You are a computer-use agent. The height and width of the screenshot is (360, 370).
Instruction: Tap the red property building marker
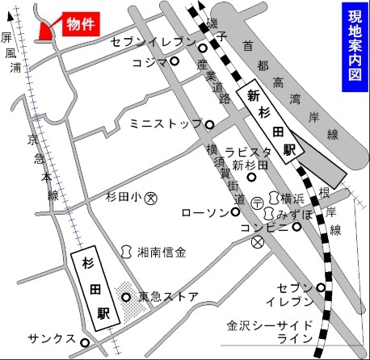45,28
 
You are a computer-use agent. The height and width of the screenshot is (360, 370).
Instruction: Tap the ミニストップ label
164,124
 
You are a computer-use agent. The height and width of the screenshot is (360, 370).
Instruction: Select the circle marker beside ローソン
235,212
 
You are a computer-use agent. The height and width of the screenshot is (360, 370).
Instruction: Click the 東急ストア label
168,296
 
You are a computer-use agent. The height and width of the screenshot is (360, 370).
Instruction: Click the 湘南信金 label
162,252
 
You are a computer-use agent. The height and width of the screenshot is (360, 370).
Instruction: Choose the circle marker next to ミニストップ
209,125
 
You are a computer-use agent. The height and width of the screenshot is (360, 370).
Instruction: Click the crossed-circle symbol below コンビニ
257,241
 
